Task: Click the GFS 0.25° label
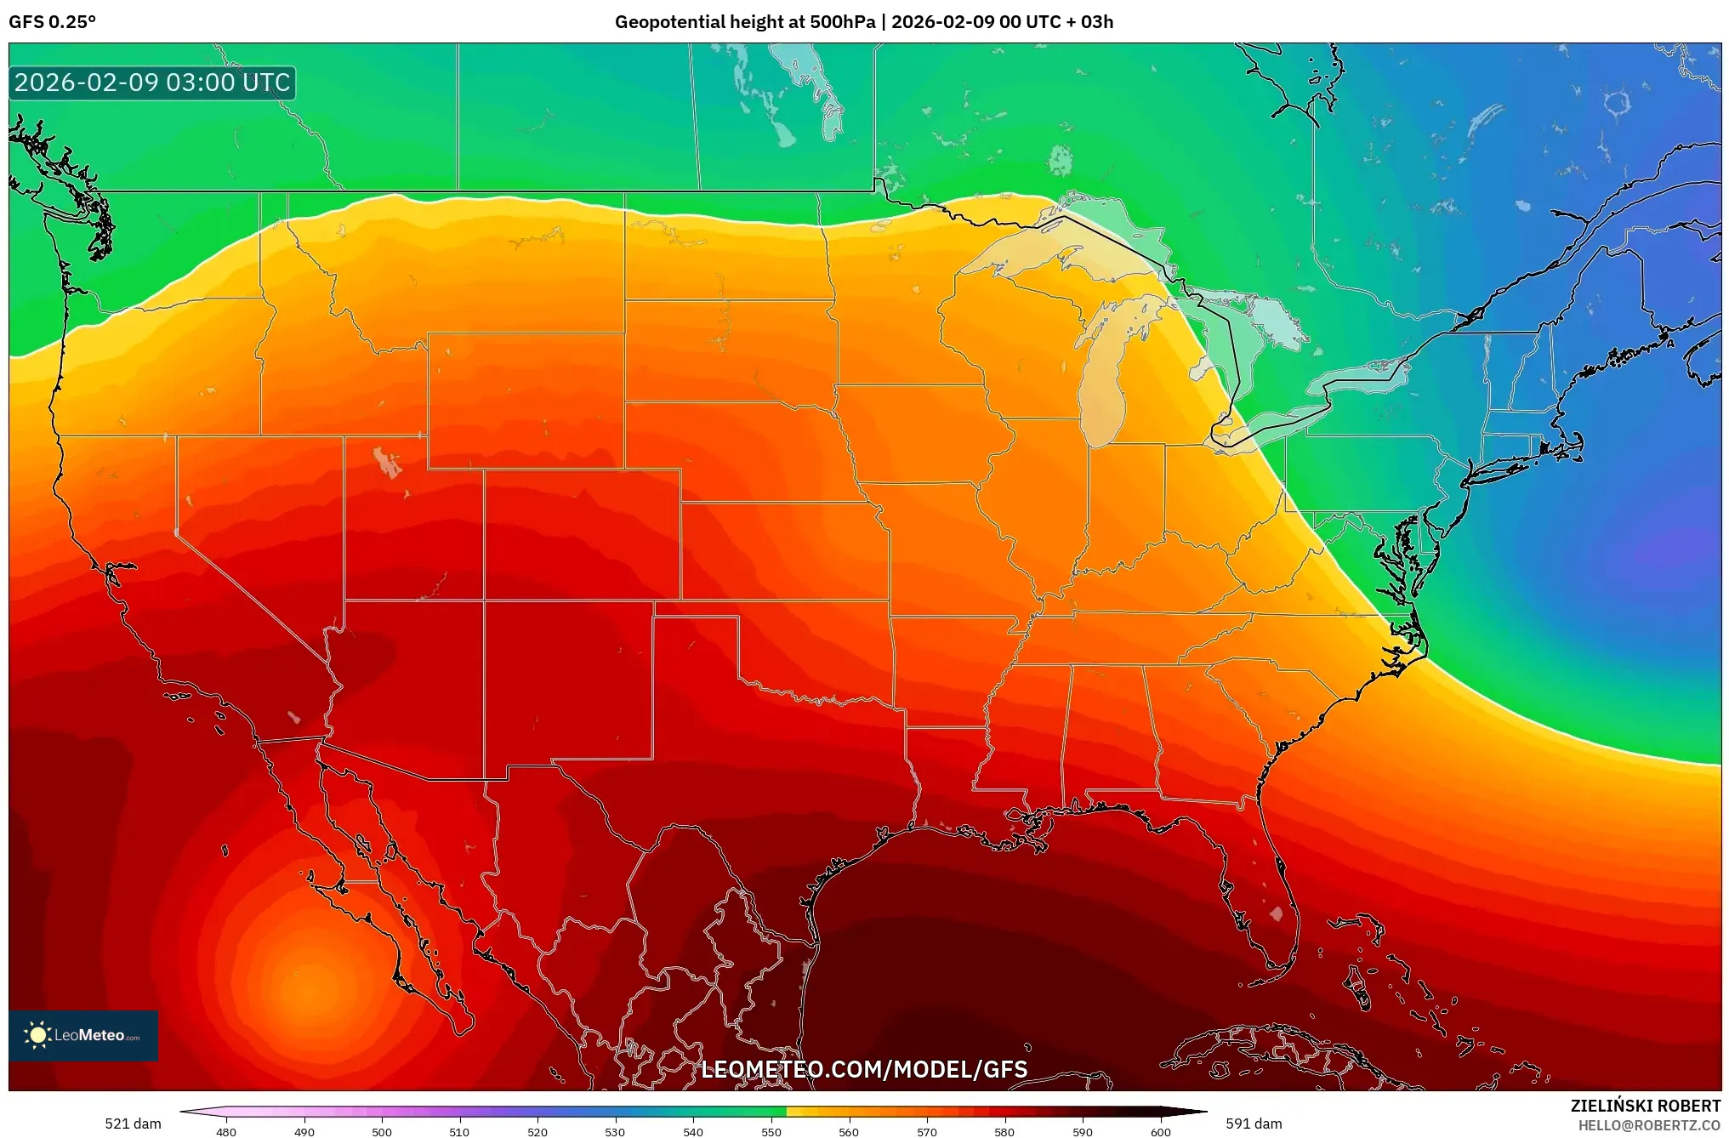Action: click(52, 22)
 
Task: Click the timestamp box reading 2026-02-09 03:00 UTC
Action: click(152, 83)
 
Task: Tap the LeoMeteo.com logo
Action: click(83, 1035)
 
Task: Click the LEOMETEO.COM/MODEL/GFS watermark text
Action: click(864, 1069)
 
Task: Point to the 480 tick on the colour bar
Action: click(226, 1131)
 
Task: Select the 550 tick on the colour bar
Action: click(771, 1131)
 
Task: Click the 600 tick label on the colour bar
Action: click(1160, 1131)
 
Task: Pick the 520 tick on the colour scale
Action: click(537, 1131)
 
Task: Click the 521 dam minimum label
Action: click(133, 1124)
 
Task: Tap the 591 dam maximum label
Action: click(1254, 1124)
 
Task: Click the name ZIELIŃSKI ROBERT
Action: click(1645, 1106)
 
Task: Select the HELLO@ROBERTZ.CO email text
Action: click(1649, 1125)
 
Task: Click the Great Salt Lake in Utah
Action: click(387, 463)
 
